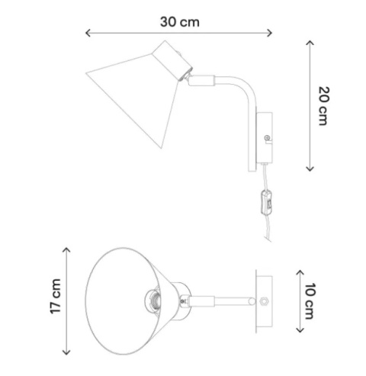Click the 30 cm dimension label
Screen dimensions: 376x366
tap(180, 21)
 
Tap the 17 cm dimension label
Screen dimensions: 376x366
tap(55, 297)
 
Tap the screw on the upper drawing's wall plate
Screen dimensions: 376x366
tap(266, 138)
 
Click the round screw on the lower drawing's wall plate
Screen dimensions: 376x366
tap(264, 301)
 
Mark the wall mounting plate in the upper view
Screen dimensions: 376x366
tap(265, 137)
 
